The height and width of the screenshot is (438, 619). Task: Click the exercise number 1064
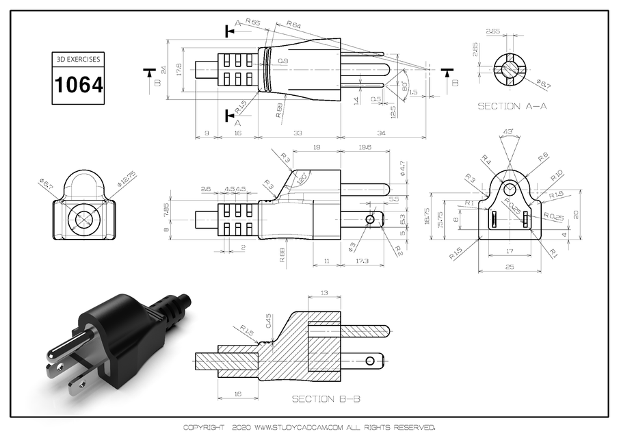click(x=79, y=86)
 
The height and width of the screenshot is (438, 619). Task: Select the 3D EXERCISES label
click(x=79, y=60)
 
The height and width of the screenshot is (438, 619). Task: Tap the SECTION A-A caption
click(x=512, y=107)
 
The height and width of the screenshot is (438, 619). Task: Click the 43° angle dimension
click(x=508, y=131)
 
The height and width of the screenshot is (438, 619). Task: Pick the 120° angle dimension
click(x=302, y=177)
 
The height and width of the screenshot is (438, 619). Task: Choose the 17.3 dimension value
click(x=361, y=261)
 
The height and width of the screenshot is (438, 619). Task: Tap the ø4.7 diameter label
click(x=403, y=166)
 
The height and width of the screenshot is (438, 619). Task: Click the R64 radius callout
click(x=293, y=25)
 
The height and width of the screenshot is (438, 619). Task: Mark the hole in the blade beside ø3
click(x=370, y=219)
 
